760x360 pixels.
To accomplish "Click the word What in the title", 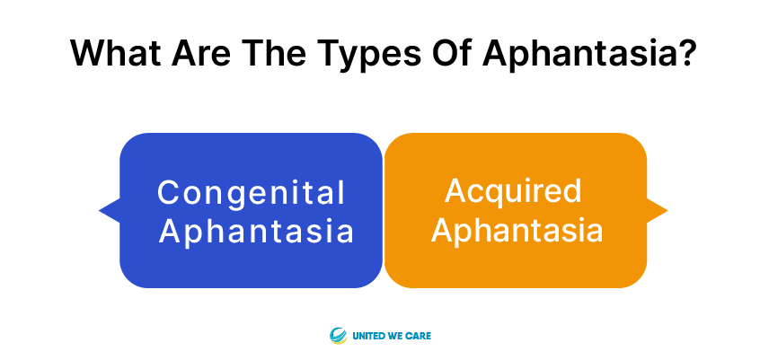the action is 115,52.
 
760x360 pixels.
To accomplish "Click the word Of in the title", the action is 452,52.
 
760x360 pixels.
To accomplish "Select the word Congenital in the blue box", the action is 251,194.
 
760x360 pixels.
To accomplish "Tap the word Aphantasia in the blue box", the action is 256,231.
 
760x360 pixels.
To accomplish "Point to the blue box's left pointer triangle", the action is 110,210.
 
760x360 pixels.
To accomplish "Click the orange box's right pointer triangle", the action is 657,210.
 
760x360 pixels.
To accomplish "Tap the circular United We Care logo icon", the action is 338,335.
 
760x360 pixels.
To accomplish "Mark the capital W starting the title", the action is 91,52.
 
